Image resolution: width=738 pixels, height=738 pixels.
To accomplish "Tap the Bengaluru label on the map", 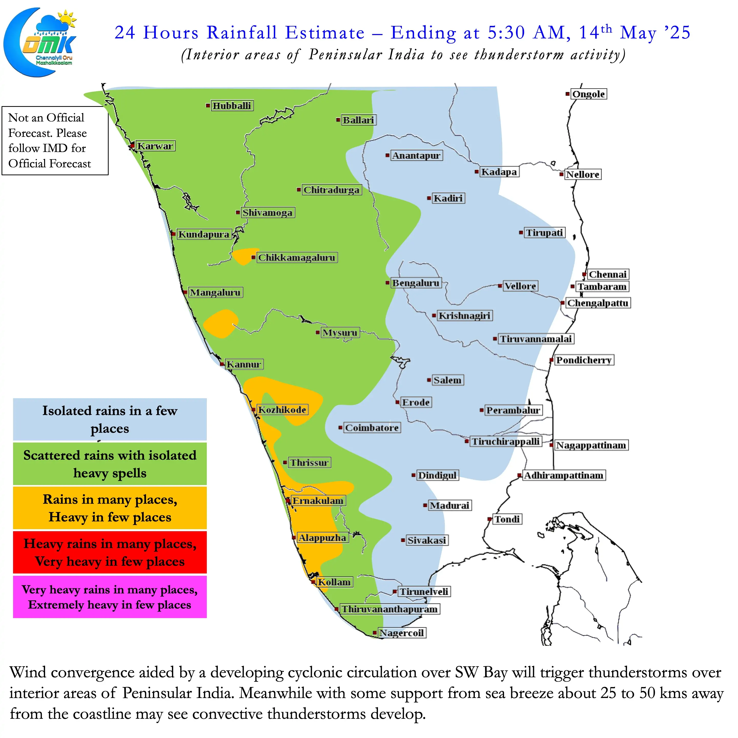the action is click(416, 283).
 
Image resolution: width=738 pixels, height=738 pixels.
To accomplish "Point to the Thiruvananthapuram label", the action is click(389, 609).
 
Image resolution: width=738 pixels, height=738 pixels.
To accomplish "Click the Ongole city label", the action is click(589, 94).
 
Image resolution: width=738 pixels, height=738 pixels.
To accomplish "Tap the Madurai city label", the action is click(450, 505).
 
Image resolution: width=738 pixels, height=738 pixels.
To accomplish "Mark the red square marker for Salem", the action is click(429, 380).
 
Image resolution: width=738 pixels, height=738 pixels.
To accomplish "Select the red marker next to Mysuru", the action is click(318, 332).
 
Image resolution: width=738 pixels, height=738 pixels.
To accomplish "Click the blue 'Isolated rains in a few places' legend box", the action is click(110, 419).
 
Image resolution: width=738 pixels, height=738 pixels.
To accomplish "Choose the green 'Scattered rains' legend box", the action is click(110, 464).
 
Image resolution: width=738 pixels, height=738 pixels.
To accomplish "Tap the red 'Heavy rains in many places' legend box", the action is click(110, 552).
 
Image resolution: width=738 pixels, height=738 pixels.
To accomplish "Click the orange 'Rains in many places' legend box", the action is click(110, 508).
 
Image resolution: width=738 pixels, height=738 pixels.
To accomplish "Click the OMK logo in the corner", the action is click(40, 42).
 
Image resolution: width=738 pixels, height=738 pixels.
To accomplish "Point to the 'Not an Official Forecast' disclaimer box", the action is click(55, 141).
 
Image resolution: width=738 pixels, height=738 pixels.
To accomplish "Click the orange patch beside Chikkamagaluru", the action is click(243, 256).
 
